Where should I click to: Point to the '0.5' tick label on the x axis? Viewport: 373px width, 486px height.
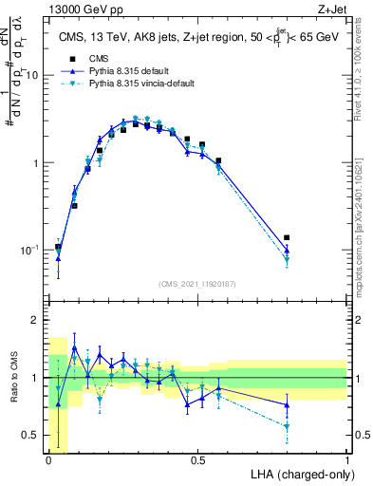197,460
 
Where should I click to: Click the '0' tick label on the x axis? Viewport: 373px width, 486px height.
48,460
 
